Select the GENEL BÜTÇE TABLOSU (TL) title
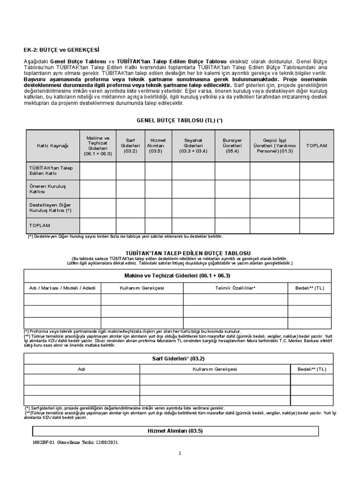[180, 120]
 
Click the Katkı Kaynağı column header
[52, 146]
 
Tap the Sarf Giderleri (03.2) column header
[130, 146]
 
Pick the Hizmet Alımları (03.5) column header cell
[158, 146]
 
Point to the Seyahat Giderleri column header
[191, 146]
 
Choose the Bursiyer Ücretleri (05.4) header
[229, 146]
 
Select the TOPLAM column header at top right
[316, 146]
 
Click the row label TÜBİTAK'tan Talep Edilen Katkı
[48, 171]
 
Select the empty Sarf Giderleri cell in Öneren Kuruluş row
[130, 189]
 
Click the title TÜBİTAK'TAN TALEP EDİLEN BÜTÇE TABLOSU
[180, 253]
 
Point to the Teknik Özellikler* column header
[235, 287]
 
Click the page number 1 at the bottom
[180, 453]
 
